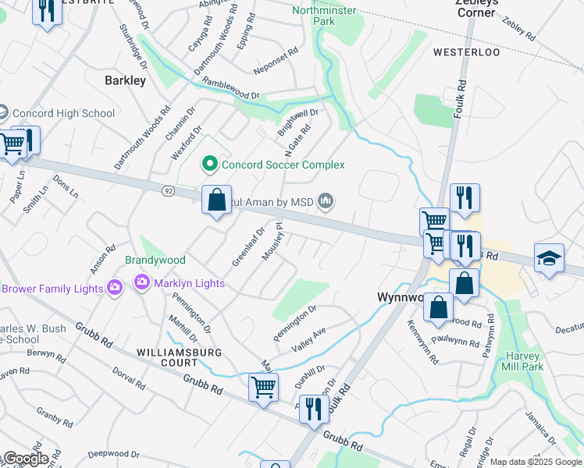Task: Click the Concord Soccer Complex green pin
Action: click(209, 165)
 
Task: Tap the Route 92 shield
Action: click(168, 190)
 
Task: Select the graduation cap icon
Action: click(549, 259)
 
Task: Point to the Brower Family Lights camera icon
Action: click(115, 289)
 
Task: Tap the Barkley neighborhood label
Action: click(125, 80)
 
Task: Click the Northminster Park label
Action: click(324, 16)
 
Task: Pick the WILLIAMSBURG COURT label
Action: click(168, 357)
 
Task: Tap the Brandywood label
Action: click(155, 260)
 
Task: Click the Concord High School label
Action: click(63, 113)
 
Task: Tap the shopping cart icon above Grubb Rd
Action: click(263, 386)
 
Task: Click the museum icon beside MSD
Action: click(326, 203)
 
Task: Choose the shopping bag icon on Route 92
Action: click(216, 200)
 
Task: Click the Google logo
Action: click(26, 459)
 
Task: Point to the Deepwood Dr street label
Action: click(113, 453)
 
